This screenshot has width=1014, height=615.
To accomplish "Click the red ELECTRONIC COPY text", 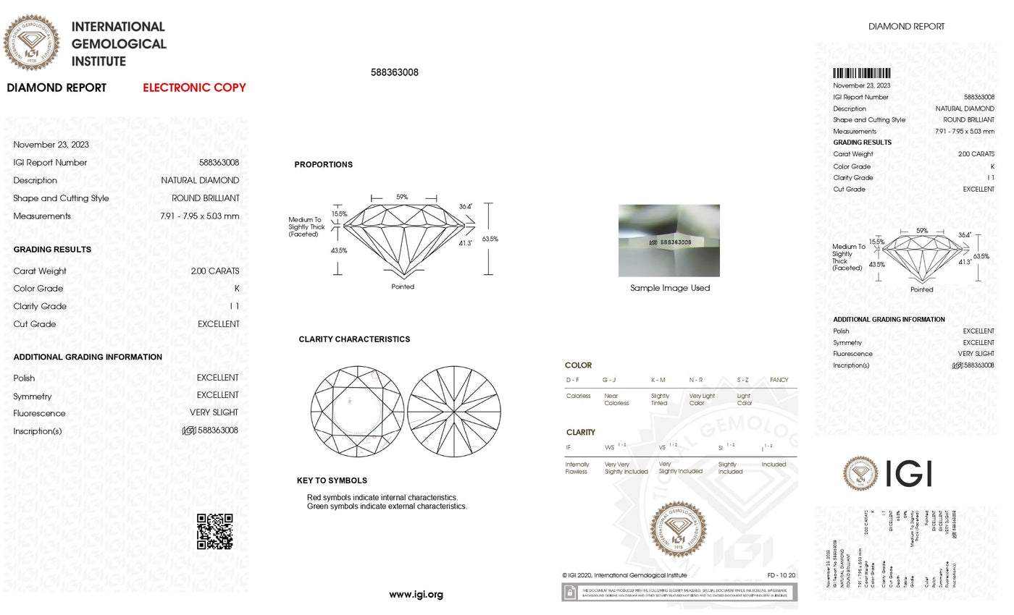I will tap(194, 88).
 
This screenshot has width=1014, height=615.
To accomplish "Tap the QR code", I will tap(215, 532).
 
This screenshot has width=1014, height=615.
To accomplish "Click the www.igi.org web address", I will tap(416, 595).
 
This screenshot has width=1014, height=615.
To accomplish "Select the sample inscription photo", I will tap(669, 240).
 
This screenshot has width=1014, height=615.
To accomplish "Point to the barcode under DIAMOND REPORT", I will tap(861, 73).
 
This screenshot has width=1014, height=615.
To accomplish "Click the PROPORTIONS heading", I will tap(323, 165).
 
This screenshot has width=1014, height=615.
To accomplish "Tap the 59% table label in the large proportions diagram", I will tap(402, 197).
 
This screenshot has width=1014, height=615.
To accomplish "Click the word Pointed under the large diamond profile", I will tap(403, 287).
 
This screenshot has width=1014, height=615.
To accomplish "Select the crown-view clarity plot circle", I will tap(357, 411).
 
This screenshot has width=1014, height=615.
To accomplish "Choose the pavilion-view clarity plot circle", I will tap(454, 411).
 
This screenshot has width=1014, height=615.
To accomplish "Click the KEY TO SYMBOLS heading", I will tap(332, 480).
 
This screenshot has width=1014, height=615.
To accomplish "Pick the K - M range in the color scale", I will tap(658, 380).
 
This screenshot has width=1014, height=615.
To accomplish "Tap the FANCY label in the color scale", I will tap(779, 380).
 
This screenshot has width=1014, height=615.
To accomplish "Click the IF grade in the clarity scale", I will tap(569, 448).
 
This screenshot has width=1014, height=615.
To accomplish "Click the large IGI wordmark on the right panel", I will tap(908, 473).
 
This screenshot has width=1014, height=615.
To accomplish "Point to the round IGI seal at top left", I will tap(31, 42).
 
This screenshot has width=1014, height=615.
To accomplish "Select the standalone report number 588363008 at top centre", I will tap(394, 72).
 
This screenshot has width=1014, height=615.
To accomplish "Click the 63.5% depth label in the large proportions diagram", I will tap(490, 239).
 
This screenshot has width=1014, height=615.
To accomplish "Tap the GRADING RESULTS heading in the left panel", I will tap(52, 250).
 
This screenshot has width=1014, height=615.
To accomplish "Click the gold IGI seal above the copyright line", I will tap(678, 530).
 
